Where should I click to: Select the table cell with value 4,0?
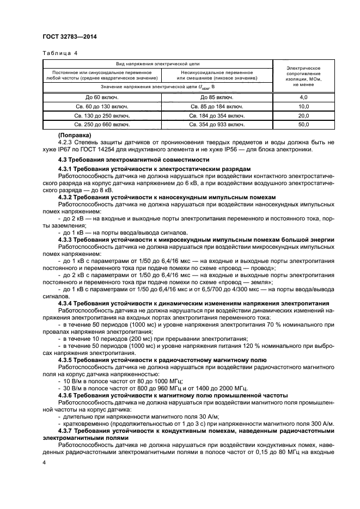click(303, 96)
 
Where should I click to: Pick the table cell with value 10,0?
click(303, 106)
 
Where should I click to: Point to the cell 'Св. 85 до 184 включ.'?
click(216, 106)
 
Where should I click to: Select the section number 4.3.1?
click(68, 169)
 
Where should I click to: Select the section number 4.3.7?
click(68, 430)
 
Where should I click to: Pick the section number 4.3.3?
click(68, 240)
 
